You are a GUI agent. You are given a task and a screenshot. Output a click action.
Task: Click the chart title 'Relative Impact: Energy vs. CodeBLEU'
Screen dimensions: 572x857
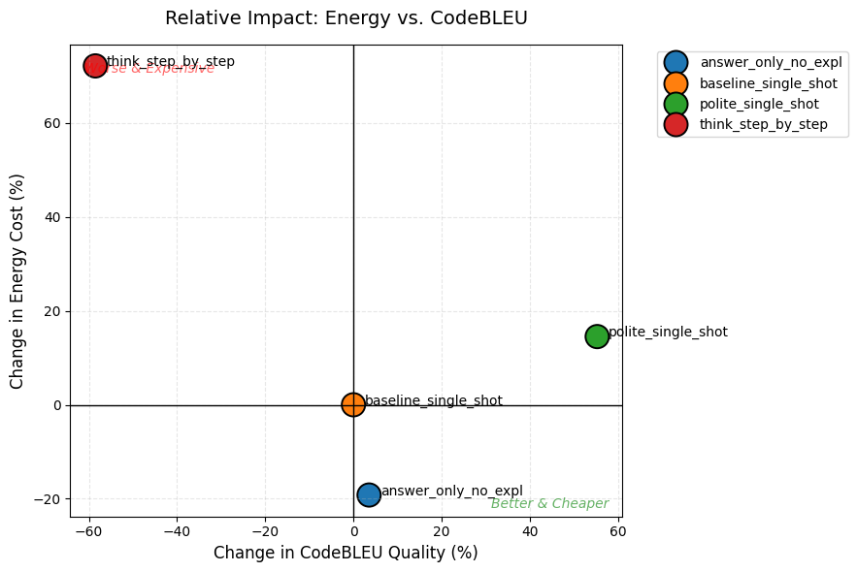(x=346, y=17)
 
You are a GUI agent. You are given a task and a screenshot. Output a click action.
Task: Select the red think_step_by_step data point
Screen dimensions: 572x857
(x=95, y=66)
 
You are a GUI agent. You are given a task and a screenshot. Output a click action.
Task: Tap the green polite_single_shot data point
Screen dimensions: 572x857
(x=597, y=336)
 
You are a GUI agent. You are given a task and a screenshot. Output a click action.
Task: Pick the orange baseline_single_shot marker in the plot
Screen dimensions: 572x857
(x=353, y=405)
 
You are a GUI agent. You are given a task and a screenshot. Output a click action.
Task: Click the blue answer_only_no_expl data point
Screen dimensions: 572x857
(x=369, y=495)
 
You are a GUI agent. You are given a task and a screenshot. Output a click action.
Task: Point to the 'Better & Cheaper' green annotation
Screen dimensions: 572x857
(x=549, y=504)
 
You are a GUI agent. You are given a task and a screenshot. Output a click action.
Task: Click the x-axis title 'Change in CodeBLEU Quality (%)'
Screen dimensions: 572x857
(x=346, y=553)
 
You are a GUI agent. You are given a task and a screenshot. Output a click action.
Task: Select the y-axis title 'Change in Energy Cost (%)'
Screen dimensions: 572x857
(x=17, y=281)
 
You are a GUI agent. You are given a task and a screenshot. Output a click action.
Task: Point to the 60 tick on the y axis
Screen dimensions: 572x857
(x=52, y=123)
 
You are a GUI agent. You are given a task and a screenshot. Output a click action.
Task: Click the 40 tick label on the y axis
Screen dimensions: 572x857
(x=52, y=217)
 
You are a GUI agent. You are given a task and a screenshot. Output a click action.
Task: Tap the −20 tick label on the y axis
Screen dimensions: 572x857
(x=49, y=499)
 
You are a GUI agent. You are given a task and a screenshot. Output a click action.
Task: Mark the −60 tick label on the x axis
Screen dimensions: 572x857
(x=89, y=531)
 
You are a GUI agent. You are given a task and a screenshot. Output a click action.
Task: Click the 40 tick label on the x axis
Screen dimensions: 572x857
(x=530, y=531)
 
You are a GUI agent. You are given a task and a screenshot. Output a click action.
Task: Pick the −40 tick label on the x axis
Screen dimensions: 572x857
(x=177, y=531)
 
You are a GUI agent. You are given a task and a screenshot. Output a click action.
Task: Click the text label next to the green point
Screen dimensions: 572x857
(x=668, y=332)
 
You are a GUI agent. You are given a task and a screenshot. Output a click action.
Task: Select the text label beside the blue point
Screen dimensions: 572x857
(x=451, y=492)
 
